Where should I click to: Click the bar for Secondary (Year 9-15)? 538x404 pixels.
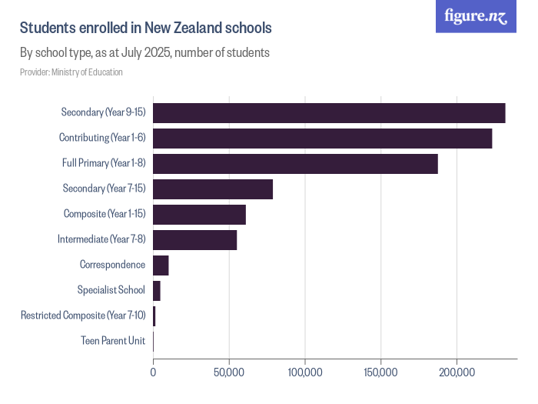tap(329, 112)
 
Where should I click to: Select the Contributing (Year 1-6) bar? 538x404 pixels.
tap(322, 138)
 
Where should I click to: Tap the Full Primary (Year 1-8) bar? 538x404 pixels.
tap(295, 163)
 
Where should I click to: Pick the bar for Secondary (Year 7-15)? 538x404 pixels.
tap(213, 189)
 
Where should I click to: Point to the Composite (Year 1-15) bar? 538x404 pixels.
tap(199, 214)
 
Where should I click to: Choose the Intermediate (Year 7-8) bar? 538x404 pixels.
tap(194, 239)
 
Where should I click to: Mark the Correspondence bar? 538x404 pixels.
tap(161, 265)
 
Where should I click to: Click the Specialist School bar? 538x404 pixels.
tap(157, 290)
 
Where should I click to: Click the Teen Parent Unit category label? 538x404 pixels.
tap(113, 341)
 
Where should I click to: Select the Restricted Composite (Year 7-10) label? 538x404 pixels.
tap(83, 316)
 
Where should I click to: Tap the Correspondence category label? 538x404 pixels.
tap(112, 265)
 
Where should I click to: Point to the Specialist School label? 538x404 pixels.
tap(111, 290)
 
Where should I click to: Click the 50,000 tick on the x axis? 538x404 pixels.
tap(229, 372)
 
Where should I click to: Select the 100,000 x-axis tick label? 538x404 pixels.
tap(305, 372)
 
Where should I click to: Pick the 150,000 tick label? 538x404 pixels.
tap(381, 372)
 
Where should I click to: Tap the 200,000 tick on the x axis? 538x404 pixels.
tap(457, 372)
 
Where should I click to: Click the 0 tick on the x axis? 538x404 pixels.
tap(154, 372)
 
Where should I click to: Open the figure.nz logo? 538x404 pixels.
tap(477, 16)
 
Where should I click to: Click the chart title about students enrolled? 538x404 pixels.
tap(146, 28)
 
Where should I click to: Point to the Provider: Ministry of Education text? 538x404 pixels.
tap(71, 72)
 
